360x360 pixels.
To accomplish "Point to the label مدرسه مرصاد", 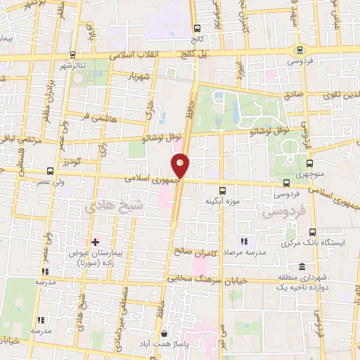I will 244,251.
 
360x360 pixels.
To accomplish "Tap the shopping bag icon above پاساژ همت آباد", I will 165,333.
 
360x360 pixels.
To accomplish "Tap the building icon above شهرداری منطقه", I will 302,266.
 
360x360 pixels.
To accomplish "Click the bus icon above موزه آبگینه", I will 223,190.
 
